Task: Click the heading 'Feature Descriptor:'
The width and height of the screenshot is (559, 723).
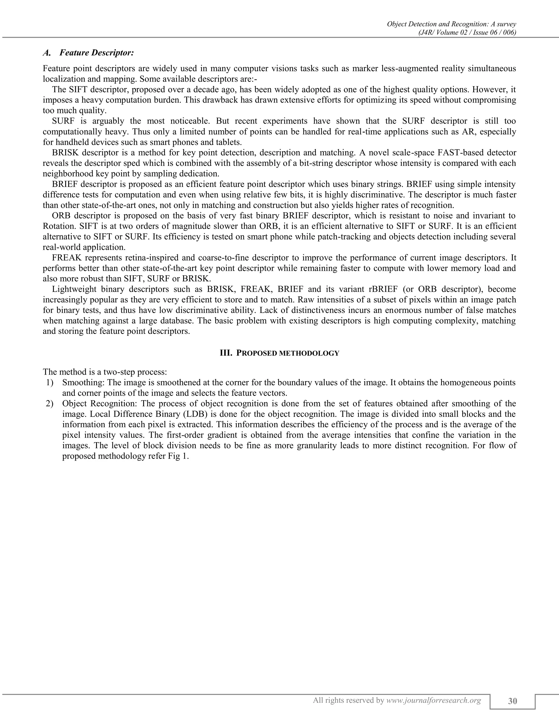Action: pos(97,53)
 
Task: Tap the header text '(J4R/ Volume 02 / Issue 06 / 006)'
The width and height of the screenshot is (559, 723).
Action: pos(467,32)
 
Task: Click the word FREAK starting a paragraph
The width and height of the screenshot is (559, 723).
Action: pos(66,258)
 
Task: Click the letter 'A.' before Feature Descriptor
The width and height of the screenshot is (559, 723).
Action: pos(47,53)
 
